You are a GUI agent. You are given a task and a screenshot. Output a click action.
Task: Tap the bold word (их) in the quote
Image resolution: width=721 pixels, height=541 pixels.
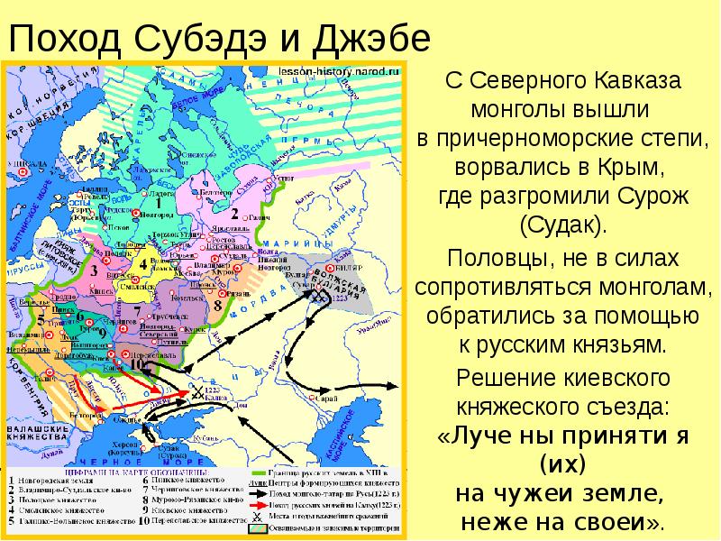[562, 465]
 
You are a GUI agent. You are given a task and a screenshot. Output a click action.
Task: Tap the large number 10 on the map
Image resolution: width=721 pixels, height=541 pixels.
[137, 365]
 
